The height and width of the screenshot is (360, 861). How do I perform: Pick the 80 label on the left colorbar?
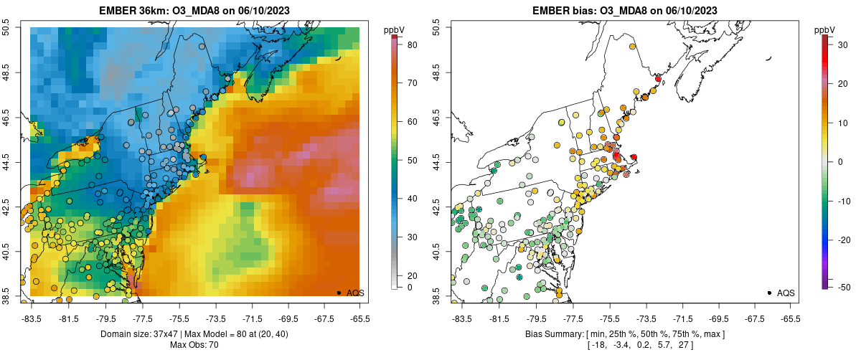pyautogui.click(x=413, y=45)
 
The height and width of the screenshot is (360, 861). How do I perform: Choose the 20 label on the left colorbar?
pyautogui.click(x=413, y=275)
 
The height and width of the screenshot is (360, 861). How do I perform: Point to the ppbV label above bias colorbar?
pyautogui.click(x=825, y=29)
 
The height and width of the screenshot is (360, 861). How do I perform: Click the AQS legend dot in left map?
pyautogui.click(x=339, y=293)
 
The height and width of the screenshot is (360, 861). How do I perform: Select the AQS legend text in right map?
pyautogui.click(x=786, y=293)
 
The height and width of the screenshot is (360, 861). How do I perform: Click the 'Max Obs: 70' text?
pyautogui.click(x=195, y=345)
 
